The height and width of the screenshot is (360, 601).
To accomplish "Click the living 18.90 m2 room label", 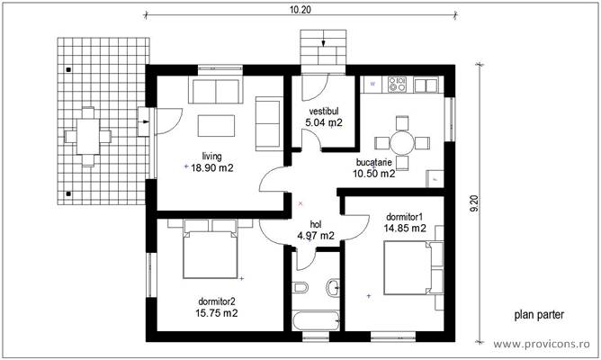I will (211, 162).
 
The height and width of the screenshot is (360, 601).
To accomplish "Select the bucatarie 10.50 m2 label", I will (375, 168).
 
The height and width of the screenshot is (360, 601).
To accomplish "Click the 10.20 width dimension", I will (300, 11).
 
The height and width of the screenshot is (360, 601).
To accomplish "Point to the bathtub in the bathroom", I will (315, 319).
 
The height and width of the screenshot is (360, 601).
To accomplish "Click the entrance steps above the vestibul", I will (323, 44).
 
